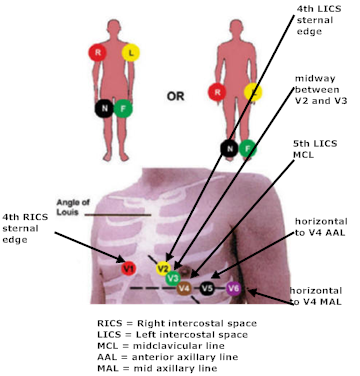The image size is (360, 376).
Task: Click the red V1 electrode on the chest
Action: tap(128, 268)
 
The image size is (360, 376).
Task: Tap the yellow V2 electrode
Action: tap(163, 268)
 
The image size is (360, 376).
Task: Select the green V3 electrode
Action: tap(173, 278)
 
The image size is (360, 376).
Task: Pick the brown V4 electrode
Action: tap(184, 288)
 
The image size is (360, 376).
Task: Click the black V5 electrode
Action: tap(207, 288)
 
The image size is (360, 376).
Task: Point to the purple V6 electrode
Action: tap(233, 289)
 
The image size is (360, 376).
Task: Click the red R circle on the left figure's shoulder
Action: tap(97, 53)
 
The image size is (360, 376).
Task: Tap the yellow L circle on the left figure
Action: tap(131, 53)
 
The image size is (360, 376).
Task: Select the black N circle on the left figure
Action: tap(104, 108)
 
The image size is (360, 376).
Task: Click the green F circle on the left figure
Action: tap(123, 108)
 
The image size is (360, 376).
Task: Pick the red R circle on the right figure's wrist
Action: tap(217, 92)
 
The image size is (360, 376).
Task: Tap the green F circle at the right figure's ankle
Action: tap(248, 149)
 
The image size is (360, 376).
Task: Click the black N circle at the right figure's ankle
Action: tap(229, 149)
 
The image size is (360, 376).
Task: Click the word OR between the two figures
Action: tap(175, 97)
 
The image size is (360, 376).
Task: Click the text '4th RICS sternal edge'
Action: tap(25, 228)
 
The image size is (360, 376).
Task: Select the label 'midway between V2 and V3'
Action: tap(321, 89)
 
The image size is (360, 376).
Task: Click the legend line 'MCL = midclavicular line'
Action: tap(161, 346)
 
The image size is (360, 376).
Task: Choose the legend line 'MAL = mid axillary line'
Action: tap(157, 368)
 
